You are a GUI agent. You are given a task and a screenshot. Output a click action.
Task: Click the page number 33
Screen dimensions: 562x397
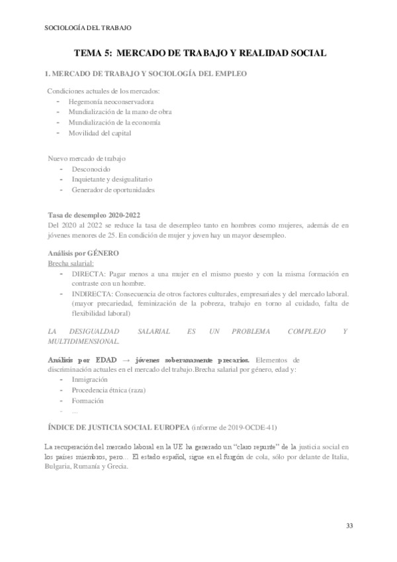tap(349, 526)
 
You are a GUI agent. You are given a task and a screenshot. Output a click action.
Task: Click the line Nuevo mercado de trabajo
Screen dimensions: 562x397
tap(87, 159)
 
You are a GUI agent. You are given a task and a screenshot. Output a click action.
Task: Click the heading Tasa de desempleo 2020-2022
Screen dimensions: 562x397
tap(94, 215)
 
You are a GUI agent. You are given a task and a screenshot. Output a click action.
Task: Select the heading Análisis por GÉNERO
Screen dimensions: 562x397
tap(83, 253)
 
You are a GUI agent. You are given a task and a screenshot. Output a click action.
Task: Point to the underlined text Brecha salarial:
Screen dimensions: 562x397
tap(71, 263)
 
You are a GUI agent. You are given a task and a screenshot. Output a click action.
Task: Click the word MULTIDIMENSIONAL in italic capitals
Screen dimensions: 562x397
tap(83, 342)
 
